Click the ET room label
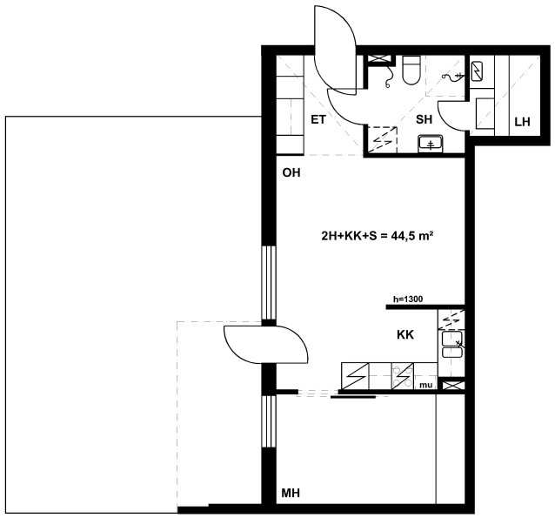pyautogui.click(x=318, y=120)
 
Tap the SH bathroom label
pyautogui.click(x=424, y=120)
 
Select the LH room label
pyautogui.click(x=522, y=122)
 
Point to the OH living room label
pyautogui.click(x=291, y=172)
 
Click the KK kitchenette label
pyautogui.click(x=405, y=334)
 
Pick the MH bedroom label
pyautogui.click(x=291, y=493)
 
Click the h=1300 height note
pyautogui.click(x=408, y=299)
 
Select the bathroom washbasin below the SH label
pyautogui.click(x=430, y=143)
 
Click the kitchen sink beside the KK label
pyautogui.click(x=451, y=344)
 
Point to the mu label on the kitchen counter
pyautogui.click(x=425, y=385)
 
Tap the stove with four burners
pyautogui.click(x=403, y=376)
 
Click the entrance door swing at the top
pyautogui.click(x=335, y=50)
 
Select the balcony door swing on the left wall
pyautogui.click(x=266, y=345)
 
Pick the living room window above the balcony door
pyautogui.click(x=269, y=283)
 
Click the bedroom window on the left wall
pyautogui.click(x=269, y=421)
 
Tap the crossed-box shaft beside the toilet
pyautogui.click(x=380, y=59)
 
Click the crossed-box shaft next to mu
pyautogui.click(x=451, y=385)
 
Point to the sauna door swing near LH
pyautogui.click(x=453, y=115)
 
